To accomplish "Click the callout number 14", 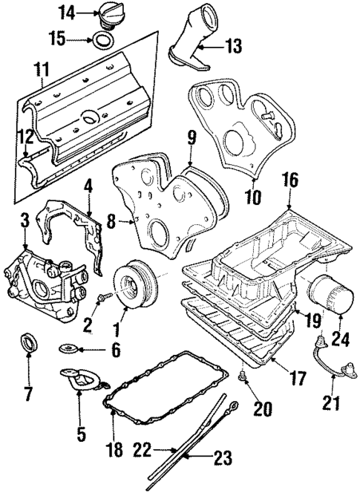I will click(67, 13).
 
